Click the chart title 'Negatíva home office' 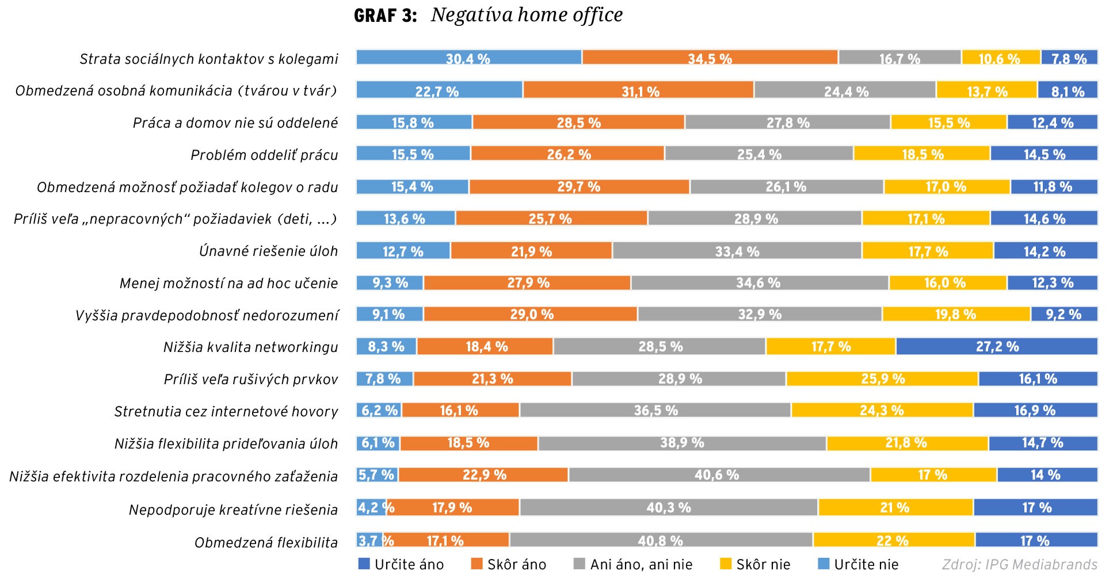[x=527, y=16]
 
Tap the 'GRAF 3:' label [x=385, y=16]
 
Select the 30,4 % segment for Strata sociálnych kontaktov [x=468, y=58]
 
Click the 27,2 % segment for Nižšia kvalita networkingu [x=997, y=346]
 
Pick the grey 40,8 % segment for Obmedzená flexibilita [x=661, y=540]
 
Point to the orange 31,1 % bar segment [x=639, y=90]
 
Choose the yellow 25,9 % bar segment [x=882, y=378]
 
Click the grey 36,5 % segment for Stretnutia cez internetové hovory [x=655, y=410]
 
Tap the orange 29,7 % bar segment [x=579, y=187]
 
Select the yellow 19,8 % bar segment [x=956, y=314]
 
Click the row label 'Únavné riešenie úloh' [x=268, y=251]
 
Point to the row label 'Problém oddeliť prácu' [x=264, y=155]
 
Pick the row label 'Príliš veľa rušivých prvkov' [x=250, y=380]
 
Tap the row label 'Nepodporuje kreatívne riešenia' [x=233, y=510]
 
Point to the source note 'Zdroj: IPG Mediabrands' [x=1019, y=565]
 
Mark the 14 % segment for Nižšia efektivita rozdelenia [x=1047, y=474]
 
